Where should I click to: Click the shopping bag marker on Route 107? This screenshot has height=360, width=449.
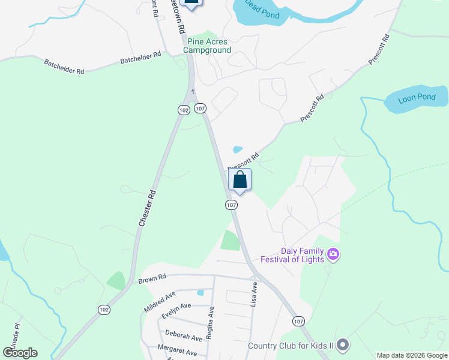tap(240, 179)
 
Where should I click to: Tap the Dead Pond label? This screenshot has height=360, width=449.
tap(262, 12)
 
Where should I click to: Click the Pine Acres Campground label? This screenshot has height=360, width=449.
tap(207, 46)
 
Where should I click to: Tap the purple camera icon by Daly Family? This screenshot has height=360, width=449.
tap(334, 256)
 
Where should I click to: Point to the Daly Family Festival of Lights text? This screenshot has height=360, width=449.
tap(292, 256)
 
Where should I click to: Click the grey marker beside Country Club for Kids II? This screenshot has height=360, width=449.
tap(343, 345)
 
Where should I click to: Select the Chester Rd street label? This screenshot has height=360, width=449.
tap(148, 208)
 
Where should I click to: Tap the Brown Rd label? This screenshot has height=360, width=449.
tap(151, 279)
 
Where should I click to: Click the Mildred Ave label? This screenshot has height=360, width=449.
tap(159, 299)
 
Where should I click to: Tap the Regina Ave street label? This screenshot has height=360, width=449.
tap(210, 322)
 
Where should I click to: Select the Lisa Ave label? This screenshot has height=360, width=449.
tap(254, 296)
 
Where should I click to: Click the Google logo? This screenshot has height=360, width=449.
tap(20, 353)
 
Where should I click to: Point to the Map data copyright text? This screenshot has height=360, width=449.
tap(412, 355)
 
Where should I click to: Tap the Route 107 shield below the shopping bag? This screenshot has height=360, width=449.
tap(231, 205)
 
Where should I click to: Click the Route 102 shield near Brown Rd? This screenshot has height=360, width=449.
tap(104, 310)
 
